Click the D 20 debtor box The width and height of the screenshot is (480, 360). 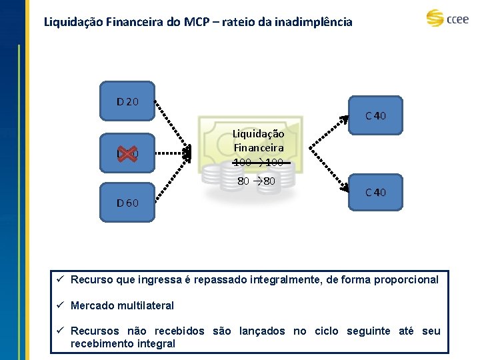(x=127, y=102)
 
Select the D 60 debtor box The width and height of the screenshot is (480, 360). (x=127, y=202)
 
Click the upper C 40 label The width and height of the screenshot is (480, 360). (x=375, y=116)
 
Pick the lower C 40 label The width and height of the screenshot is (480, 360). (x=375, y=193)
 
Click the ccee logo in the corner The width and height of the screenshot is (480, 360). (x=447, y=18)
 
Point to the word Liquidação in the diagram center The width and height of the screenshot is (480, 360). (x=258, y=134)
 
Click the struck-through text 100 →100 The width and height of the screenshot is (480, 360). (x=258, y=163)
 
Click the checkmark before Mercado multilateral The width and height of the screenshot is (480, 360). (x=59, y=305)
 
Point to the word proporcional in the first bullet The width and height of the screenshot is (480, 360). (x=406, y=280)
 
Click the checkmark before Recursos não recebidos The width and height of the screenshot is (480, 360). (x=59, y=331)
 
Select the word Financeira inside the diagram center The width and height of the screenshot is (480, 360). (x=258, y=147)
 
